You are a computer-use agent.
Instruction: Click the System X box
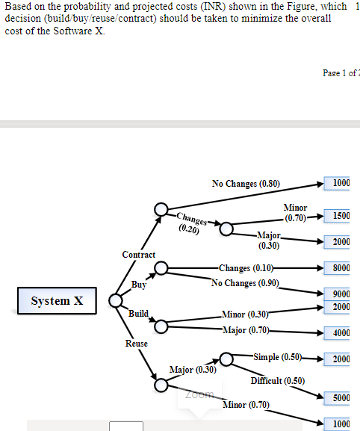point(57,301)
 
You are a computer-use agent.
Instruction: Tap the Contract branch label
point(139,255)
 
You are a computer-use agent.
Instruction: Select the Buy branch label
point(139,285)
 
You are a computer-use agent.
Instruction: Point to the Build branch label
point(139,313)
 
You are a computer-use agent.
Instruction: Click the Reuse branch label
point(137,344)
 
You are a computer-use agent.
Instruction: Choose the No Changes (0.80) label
point(246,184)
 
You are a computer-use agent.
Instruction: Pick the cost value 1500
point(341,216)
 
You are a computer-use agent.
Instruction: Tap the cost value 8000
point(341,267)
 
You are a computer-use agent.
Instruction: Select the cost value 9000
point(341,294)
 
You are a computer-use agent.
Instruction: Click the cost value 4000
point(341,333)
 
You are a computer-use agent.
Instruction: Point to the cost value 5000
point(341,398)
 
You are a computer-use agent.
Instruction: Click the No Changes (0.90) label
point(245,283)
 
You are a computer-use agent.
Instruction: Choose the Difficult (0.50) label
point(278,380)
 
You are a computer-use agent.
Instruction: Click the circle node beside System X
point(116,300)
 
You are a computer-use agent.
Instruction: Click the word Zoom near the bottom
point(199,394)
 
